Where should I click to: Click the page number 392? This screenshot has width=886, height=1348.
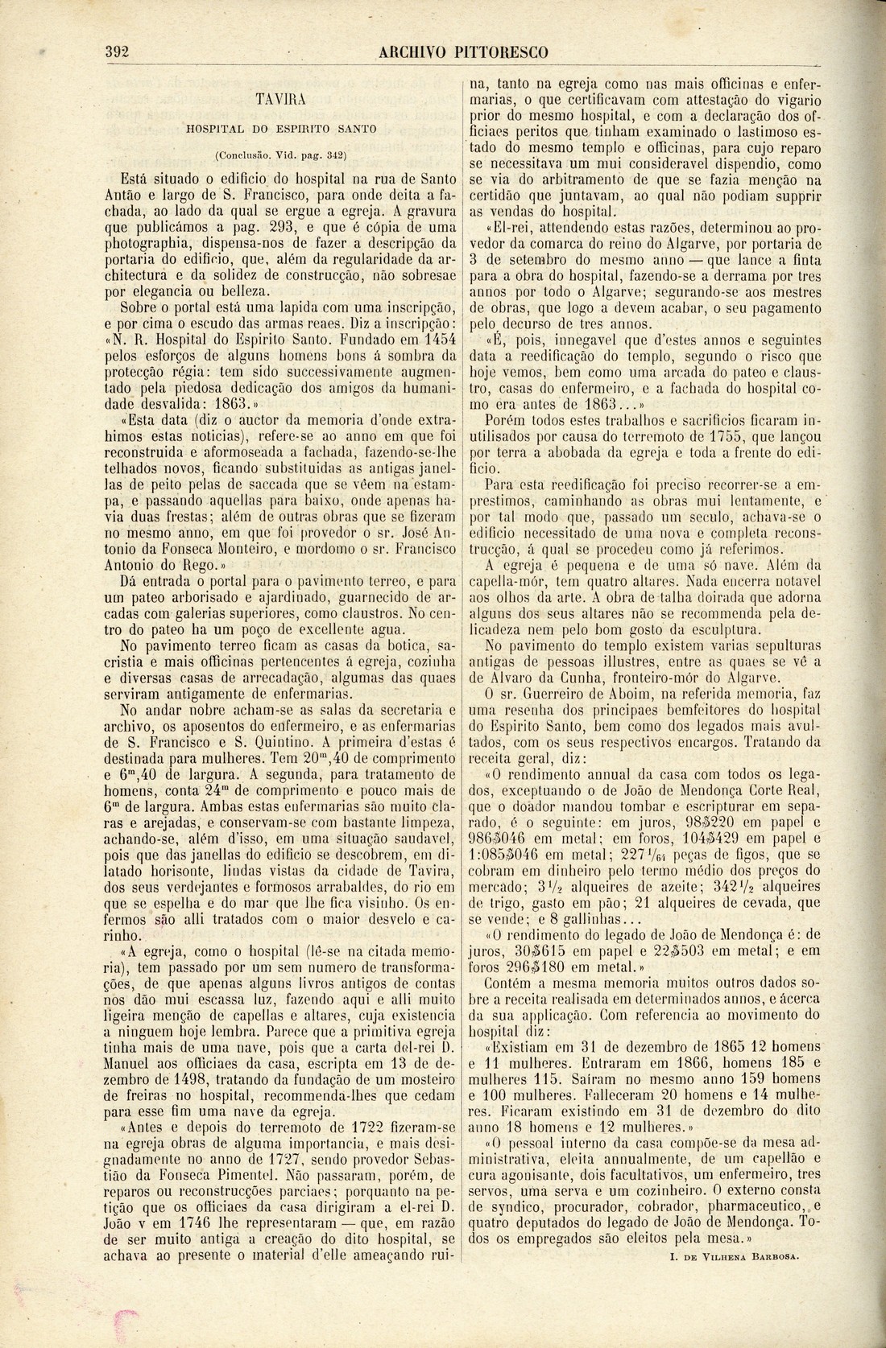point(118,52)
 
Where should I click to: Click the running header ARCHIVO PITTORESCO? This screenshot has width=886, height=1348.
point(464,53)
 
